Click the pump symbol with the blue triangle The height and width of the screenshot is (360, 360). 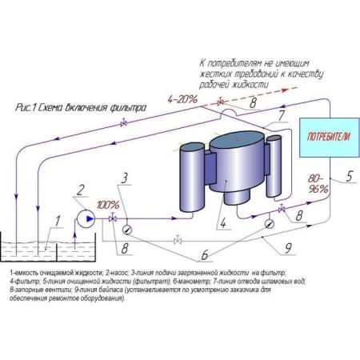pyautogui.click(x=86, y=218)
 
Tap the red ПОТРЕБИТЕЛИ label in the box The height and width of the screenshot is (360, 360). pyautogui.click(x=329, y=137)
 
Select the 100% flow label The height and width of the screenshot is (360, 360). pyautogui.click(x=108, y=206)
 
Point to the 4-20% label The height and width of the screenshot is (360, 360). pyautogui.click(x=182, y=99)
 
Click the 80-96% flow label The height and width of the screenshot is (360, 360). pyautogui.click(x=318, y=183)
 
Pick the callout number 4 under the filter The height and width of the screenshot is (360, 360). pyautogui.click(x=223, y=222)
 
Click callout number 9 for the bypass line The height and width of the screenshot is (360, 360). pyautogui.click(x=288, y=248)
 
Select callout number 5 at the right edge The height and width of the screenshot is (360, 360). pyautogui.click(x=349, y=176)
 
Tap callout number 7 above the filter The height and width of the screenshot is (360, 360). pyautogui.click(x=282, y=115)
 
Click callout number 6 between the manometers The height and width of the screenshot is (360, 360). pyautogui.click(x=205, y=255)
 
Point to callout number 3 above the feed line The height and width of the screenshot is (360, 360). pyautogui.click(x=125, y=178)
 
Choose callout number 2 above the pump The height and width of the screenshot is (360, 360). pyautogui.click(x=80, y=190)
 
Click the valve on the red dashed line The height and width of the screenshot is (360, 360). pyautogui.click(x=220, y=102)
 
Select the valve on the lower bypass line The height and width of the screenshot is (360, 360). pyautogui.click(x=178, y=240)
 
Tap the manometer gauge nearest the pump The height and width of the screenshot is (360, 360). pyautogui.click(x=126, y=229)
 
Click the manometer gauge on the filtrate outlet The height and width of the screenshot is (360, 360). pyautogui.click(x=270, y=223)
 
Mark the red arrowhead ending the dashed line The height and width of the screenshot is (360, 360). pyautogui.click(x=285, y=90)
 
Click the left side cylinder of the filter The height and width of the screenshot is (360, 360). pyautogui.click(x=191, y=177)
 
